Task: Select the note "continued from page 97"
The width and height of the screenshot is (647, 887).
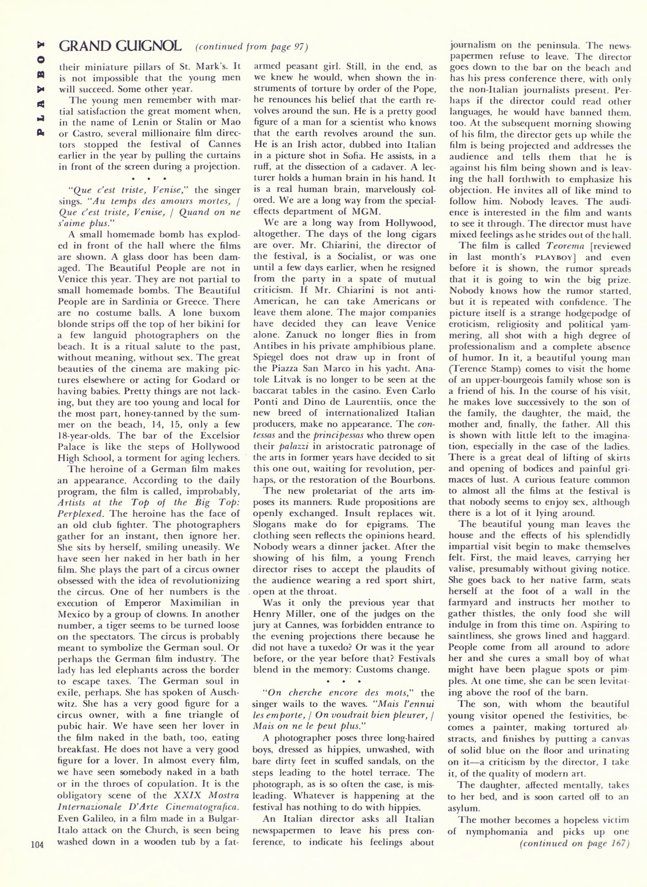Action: click(x=251, y=47)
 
